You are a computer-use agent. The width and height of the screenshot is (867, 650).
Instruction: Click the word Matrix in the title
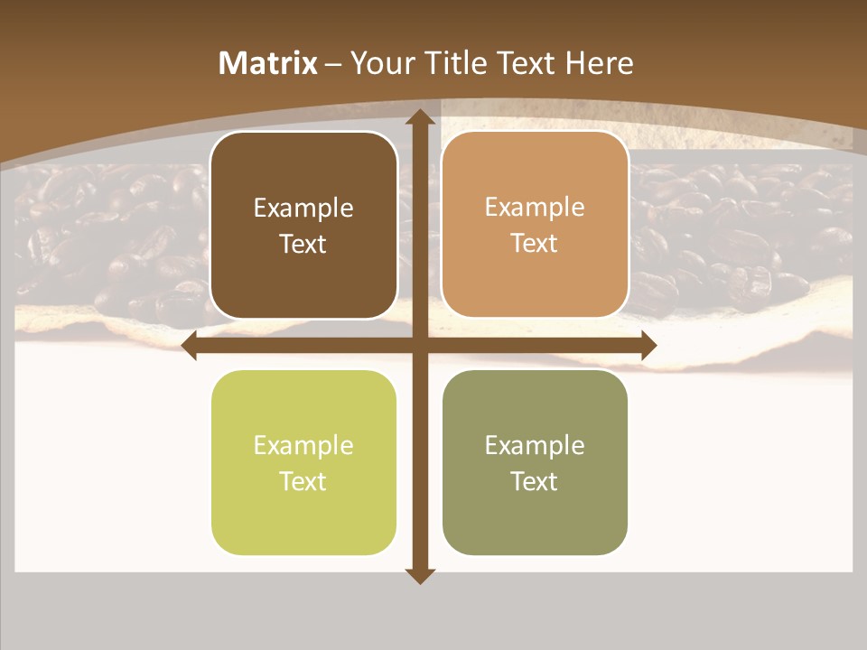pos(268,63)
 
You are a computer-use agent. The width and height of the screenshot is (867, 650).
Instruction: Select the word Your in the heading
pos(379,63)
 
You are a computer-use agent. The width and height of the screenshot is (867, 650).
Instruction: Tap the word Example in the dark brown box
pos(303,208)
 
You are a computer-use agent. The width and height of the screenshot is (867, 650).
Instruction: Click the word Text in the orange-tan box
pos(535,244)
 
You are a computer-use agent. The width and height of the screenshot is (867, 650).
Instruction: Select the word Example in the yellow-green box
pos(303,445)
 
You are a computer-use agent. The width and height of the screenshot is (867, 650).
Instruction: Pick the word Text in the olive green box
pos(535,481)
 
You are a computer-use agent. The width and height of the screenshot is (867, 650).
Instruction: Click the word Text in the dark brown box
pos(303,244)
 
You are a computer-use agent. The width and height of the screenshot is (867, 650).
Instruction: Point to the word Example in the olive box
pos(535,445)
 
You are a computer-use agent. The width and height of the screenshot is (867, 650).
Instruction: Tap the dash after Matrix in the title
pos(333,64)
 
